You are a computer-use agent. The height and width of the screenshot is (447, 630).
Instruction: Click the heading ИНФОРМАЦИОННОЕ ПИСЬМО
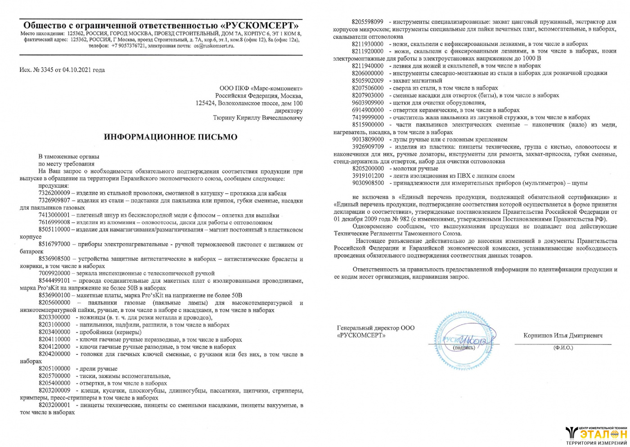click(171, 137)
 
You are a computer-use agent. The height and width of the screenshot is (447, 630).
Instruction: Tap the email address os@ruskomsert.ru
click(214, 45)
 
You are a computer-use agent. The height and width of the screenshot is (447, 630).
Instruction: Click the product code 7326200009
click(54, 193)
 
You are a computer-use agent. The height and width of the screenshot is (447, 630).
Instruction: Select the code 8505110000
click(54, 230)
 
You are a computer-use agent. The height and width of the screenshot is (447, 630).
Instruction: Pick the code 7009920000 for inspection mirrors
click(54, 273)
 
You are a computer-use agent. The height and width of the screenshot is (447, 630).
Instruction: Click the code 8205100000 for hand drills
click(54, 369)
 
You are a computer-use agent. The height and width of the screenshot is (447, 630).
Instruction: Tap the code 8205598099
click(368, 22)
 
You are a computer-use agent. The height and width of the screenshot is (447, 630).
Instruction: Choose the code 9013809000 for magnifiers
click(368, 140)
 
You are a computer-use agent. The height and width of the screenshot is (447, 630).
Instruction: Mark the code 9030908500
click(368, 183)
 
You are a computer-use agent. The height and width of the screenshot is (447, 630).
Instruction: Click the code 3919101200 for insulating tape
click(368, 176)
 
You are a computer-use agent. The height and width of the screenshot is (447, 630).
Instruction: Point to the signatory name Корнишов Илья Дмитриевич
click(563, 335)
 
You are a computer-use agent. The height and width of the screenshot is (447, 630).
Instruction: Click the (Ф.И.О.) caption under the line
click(563, 348)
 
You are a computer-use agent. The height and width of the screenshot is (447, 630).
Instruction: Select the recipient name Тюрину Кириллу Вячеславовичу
click(257, 118)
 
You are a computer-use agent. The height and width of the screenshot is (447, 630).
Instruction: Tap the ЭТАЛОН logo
click(597, 434)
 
